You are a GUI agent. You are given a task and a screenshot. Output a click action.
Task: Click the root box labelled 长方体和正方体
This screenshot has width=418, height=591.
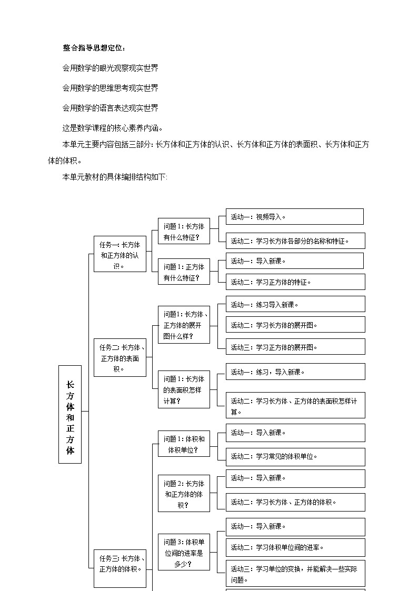pyautogui.click(x=70, y=414)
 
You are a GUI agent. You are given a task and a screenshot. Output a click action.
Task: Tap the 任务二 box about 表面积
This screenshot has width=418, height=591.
pyautogui.click(x=120, y=358)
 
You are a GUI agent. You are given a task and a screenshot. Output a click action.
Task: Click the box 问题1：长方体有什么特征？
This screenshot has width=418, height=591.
pyautogui.click(x=184, y=232)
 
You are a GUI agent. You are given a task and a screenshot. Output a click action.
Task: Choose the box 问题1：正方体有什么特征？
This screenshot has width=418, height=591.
pyautogui.click(x=184, y=272)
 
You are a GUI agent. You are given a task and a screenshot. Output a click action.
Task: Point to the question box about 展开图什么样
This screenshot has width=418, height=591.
pyautogui.click(x=184, y=325)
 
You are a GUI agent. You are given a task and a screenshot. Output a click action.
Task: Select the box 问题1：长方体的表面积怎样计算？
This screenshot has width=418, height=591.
pyautogui.click(x=184, y=389)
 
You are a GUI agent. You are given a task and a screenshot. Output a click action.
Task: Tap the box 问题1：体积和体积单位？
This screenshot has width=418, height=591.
pyautogui.click(x=184, y=444)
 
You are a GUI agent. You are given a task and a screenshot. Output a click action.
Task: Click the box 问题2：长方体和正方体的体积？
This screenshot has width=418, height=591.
pyautogui.click(x=184, y=494)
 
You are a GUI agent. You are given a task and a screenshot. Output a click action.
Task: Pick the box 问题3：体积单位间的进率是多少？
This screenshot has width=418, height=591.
pyautogui.click(x=184, y=552)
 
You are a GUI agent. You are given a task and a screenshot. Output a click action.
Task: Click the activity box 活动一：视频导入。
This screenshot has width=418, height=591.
pyautogui.click(x=295, y=217)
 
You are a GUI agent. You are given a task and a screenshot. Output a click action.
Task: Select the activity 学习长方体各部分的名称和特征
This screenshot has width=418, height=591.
pyautogui.click(x=295, y=241)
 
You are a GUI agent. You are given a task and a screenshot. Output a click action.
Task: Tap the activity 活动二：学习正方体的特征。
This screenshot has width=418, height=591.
pyautogui.click(x=295, y=282)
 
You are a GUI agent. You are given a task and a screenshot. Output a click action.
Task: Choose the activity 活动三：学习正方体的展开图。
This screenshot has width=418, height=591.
pyautogui.click(x=295, y=347)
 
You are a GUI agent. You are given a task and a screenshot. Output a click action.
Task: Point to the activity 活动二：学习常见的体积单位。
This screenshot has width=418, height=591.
pyautogui.click(x=295, y=457)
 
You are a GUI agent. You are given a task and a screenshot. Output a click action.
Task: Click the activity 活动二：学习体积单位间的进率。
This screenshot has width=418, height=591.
pyautogui.click(x=295, y=547)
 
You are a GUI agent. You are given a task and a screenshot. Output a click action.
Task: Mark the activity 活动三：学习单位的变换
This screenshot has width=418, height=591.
pyautogui.click(x=295, y=574)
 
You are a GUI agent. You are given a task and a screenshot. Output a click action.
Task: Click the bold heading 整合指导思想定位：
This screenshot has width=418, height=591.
pyautogui.click(x=94, y=48)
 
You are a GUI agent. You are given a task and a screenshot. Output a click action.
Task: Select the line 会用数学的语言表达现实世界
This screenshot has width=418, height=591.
pyautogui.click(x=110, y=108)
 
